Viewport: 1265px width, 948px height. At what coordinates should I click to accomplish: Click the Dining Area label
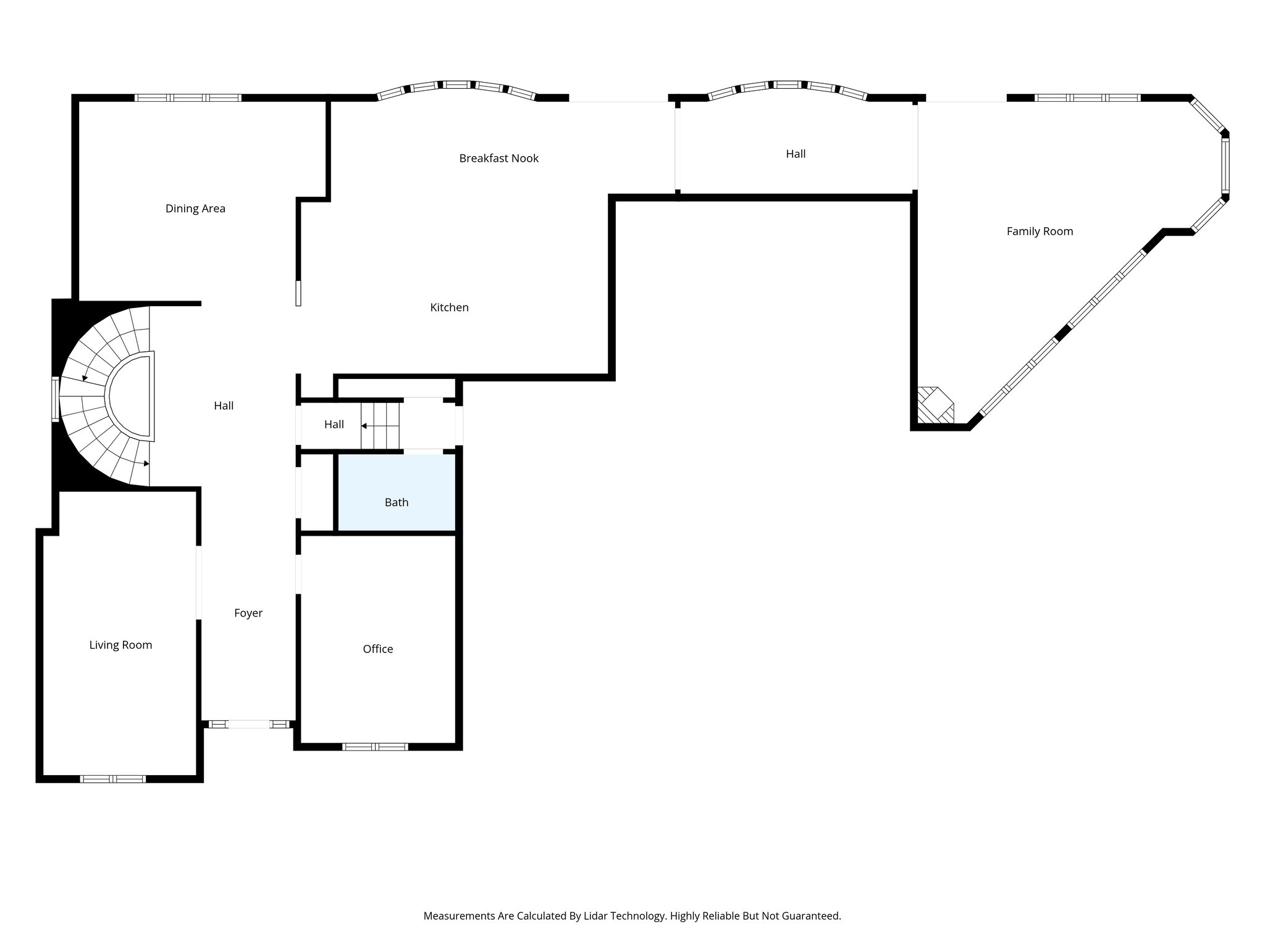pos(195,209)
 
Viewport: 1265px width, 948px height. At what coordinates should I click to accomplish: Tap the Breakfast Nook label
pos(498,159)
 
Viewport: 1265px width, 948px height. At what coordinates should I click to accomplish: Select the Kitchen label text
pos(449,307)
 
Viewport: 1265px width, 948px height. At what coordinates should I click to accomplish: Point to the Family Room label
pos(1040,231)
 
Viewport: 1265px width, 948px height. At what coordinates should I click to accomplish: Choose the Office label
pos(377,649)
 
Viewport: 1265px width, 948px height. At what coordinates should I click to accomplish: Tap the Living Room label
pos(120,645)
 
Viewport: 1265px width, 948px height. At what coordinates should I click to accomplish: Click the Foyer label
pos(248,613)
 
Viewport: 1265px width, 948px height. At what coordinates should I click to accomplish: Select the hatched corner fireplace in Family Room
pos(935,405)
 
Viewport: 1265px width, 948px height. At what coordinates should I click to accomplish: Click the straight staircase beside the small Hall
pos(380,425)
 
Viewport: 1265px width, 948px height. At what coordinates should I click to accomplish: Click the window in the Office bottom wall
pos(375,747)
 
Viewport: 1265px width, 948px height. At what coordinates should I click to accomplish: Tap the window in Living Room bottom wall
pos(113,779)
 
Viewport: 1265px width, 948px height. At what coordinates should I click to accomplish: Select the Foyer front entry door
pos(249,724)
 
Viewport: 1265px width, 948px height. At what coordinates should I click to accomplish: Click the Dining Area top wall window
pos(188,98)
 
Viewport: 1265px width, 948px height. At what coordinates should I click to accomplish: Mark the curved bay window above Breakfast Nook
pos(456,86)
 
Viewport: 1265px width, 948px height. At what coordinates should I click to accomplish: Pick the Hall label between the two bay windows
pos(796,154)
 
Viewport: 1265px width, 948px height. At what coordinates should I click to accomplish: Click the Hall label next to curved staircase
pos(224,405)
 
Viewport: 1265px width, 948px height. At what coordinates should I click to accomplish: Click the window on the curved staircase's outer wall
pos(55,399)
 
